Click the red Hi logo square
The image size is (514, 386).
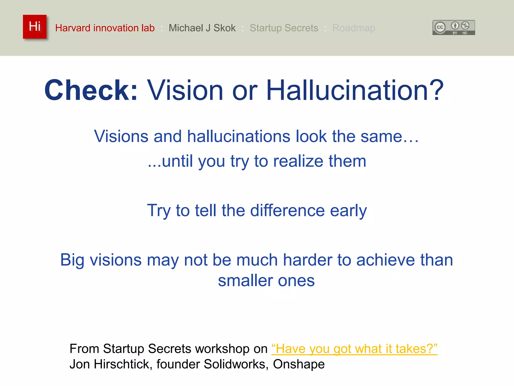pos(35,27)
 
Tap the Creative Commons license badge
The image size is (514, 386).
pos(454,27)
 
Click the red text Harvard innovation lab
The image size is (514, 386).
pos(105,28)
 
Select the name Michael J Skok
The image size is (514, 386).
pos(202,28)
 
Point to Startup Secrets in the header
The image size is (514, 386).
pos(284,28)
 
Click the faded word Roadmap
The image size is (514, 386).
pos(353,28)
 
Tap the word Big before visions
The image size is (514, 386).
pos(72,260)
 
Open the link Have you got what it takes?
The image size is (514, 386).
pos(354,349)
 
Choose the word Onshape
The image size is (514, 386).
pos(299,364)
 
